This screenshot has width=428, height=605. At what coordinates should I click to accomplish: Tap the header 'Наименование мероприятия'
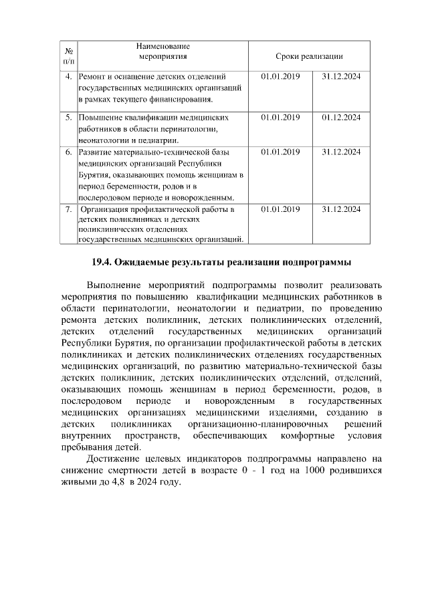tap(163, 51)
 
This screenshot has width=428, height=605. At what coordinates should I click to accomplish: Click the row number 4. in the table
tap(69, 77)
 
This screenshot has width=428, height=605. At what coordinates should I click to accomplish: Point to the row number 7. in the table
tap(69, 209)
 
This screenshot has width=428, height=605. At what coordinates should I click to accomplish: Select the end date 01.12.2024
tap(341, 117)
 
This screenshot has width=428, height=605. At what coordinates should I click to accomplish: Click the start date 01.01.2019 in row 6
tap(280, 152)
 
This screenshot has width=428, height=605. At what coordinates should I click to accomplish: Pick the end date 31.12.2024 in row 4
tap(341, 77)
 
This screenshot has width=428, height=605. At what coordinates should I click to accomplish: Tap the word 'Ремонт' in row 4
tap(94, 77)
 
